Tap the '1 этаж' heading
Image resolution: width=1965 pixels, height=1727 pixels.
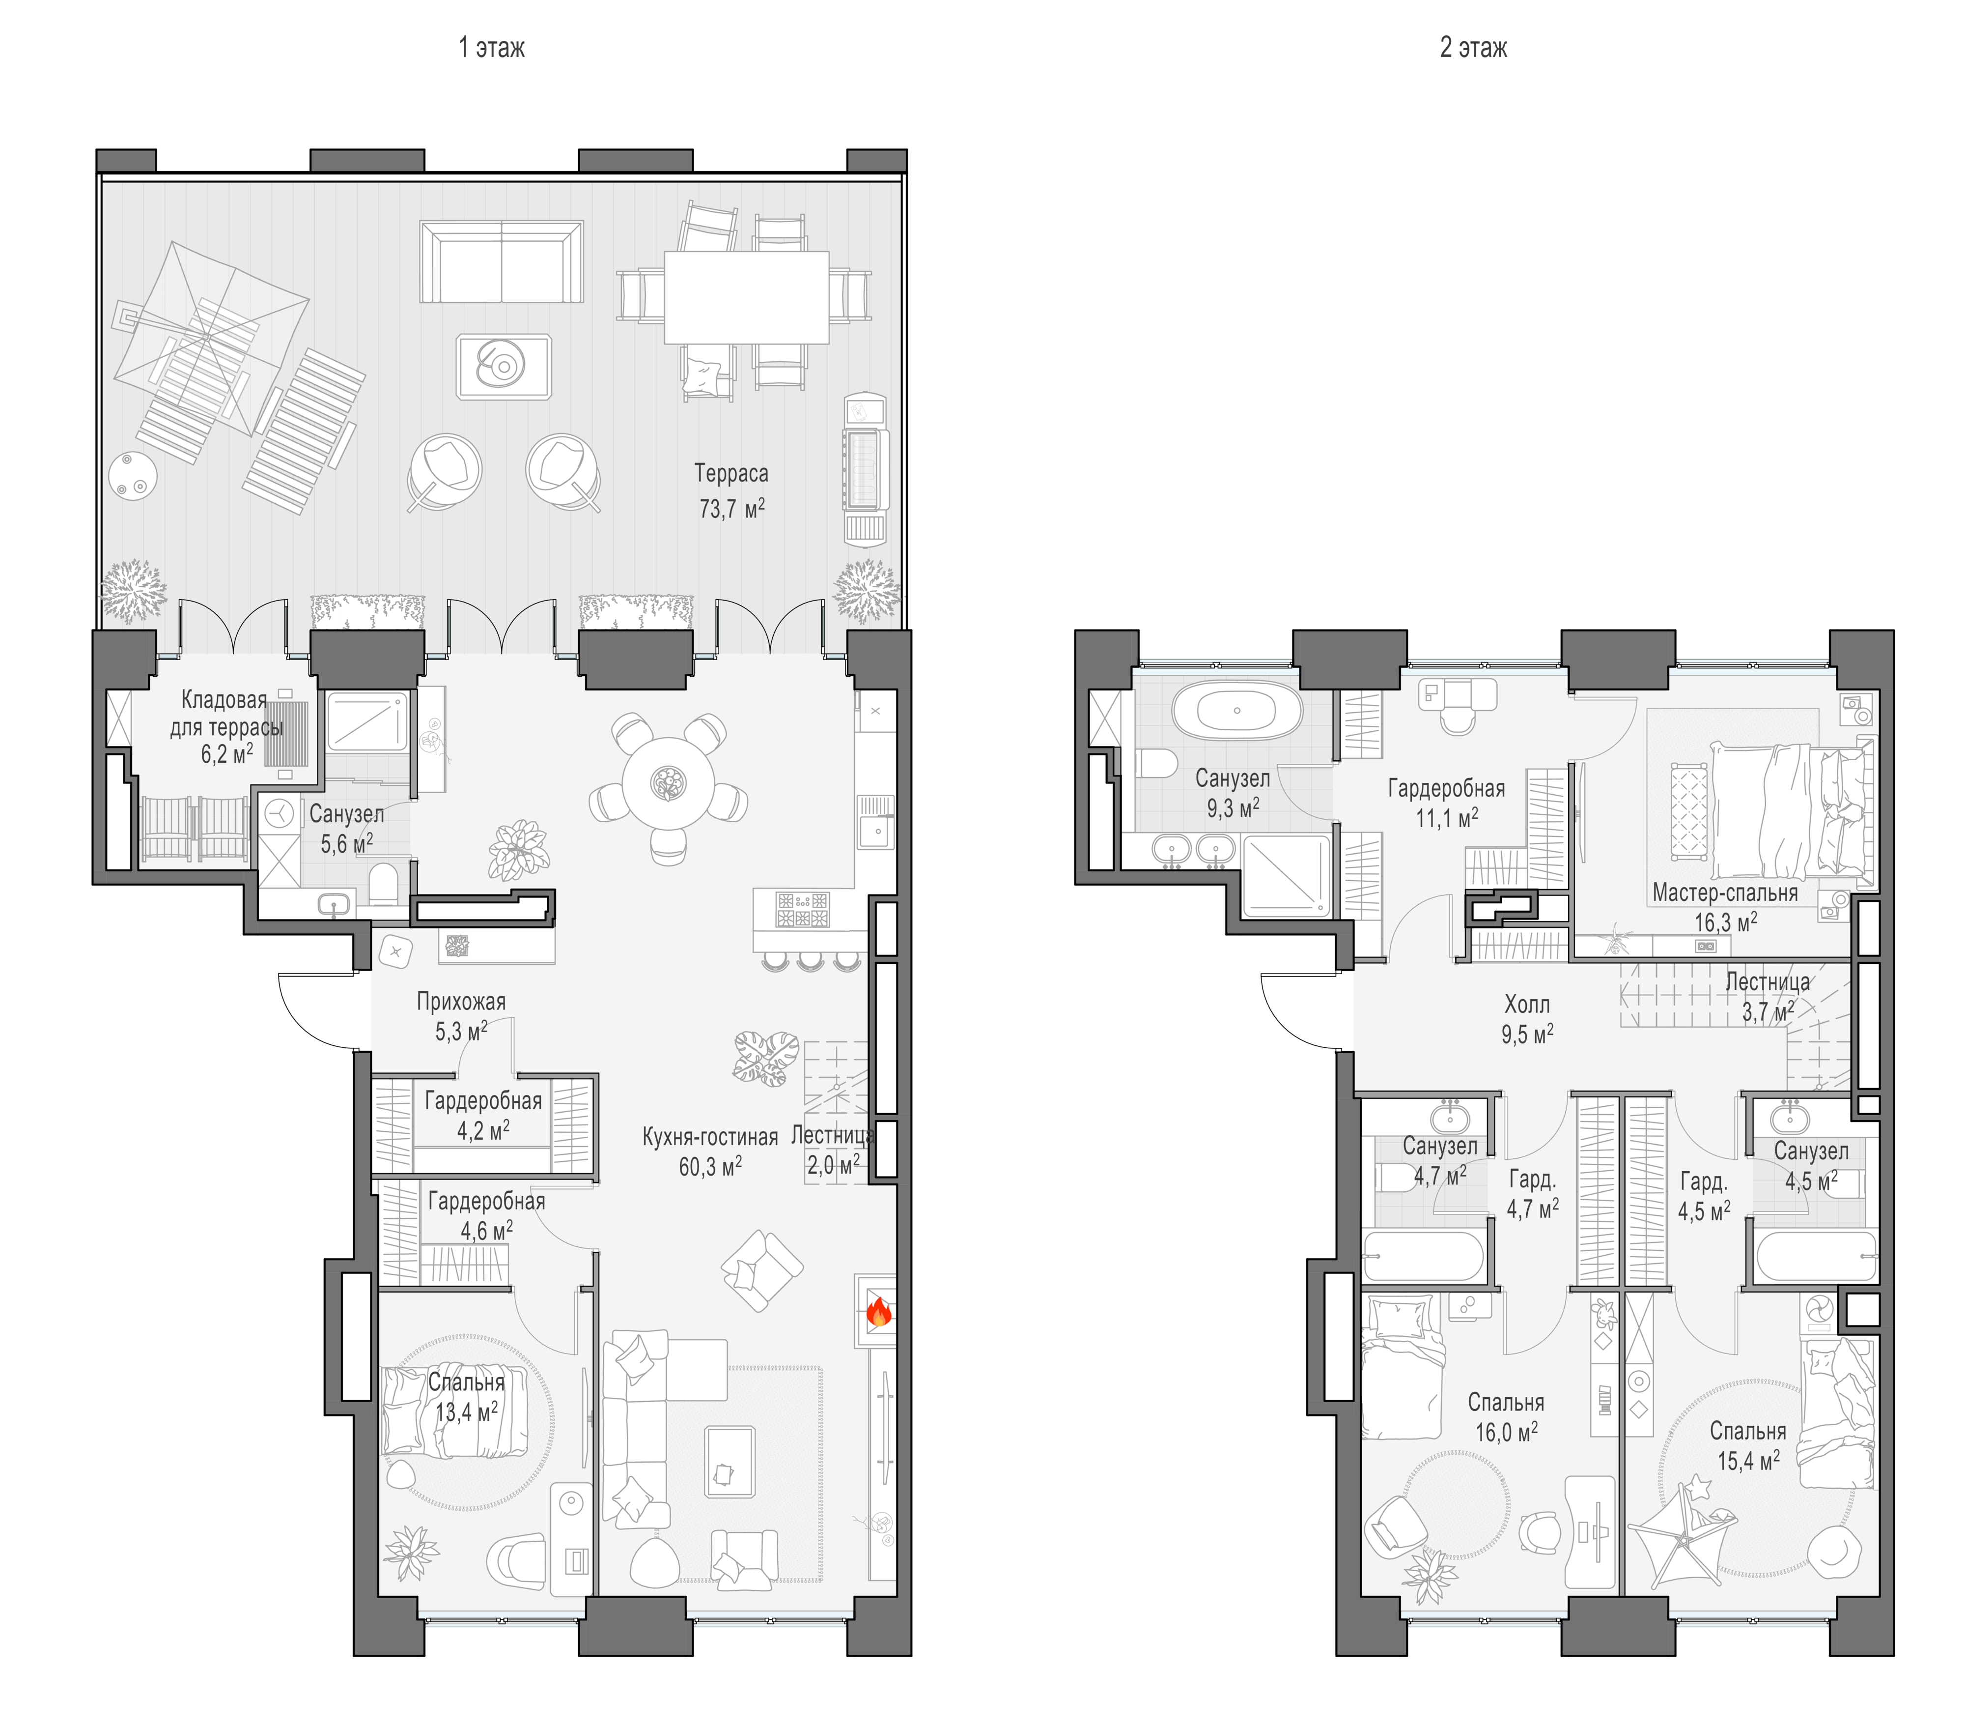pyautogui.click(x=491, y=47)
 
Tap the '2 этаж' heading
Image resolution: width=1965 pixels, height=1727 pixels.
pyautogui.click(x=1473, y=47)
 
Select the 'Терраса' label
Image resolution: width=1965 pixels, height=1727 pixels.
pyautogui.click(x=731, y=473)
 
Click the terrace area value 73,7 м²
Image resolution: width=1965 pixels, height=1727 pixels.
pyautogui.click(x=731, y=508)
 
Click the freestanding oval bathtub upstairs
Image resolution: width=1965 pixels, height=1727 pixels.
pyautogui.click(x=1236, y=711)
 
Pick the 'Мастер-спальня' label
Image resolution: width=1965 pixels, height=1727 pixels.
pyautogui.click(x=1725, y=892)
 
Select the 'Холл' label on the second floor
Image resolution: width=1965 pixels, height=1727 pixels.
pyautogui.click(x=1527, y=1004)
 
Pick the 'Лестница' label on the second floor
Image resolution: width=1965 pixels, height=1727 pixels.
pyautogui.click(x=1767, y=982)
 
